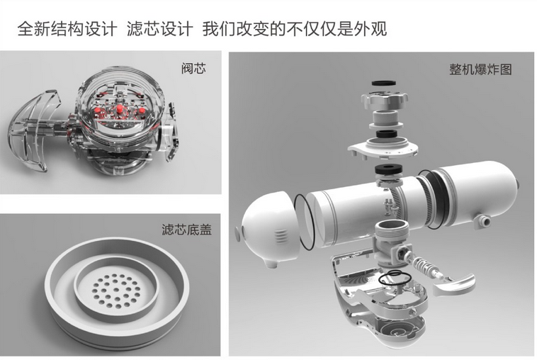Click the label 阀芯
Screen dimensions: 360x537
tap(194, 69)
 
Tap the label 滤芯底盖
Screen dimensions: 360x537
tap(187, 230)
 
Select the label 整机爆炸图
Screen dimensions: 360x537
tap(480, 69)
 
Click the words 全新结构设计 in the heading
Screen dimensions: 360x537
tap(67, 29)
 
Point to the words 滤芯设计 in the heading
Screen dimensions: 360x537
tap(159, 29)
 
